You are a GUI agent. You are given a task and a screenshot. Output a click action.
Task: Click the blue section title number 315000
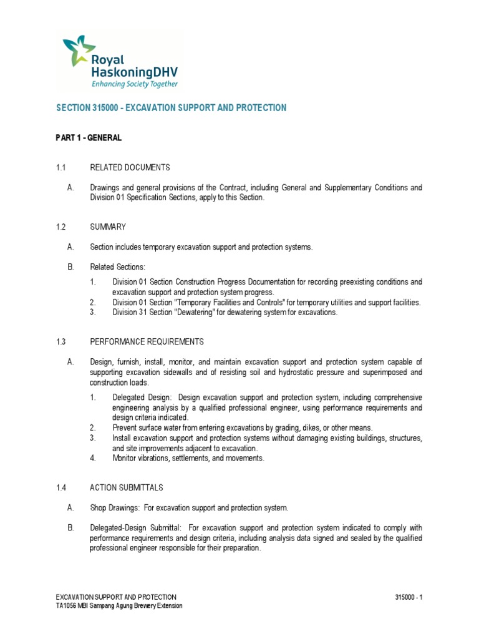click(104, 108)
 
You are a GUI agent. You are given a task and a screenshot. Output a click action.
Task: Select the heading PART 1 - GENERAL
click(89, 138)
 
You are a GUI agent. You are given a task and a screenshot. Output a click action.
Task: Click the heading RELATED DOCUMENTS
click(130, 167)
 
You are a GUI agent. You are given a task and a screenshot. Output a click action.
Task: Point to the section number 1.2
click(60, 227)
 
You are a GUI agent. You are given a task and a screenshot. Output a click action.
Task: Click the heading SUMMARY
click(108, 227)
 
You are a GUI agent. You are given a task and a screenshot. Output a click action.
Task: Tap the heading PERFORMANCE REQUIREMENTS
click(147, 342)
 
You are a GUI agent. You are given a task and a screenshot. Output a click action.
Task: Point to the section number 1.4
click(60, 487)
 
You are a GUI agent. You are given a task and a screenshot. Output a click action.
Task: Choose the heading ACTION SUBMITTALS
click(127, 487)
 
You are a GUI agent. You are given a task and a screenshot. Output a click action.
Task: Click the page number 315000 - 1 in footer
click(409, 597)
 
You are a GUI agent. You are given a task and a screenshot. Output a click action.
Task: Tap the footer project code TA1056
click(66, 606)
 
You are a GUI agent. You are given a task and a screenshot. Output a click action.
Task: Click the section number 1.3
click(60, 342)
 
